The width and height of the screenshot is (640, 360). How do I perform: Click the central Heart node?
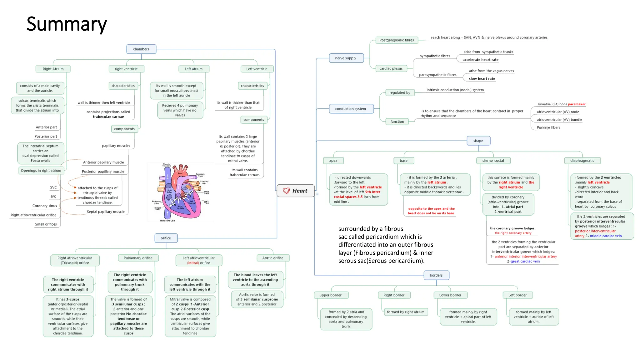point(296,191)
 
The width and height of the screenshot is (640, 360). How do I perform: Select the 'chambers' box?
point(141,49)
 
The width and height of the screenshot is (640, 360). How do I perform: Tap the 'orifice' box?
point(166,238)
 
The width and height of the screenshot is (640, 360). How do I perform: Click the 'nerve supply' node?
point(346,58)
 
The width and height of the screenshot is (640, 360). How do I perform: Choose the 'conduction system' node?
point(351,109)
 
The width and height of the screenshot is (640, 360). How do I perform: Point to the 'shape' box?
point(478,141)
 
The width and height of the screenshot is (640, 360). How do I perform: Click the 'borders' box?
point(436,275)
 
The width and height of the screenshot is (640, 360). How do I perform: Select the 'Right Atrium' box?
point(53,69)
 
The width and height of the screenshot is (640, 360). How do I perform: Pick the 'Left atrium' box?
point(193,69)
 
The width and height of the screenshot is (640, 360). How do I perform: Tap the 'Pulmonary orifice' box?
point(138,258)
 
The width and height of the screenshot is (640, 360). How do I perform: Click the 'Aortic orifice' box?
point(273,258)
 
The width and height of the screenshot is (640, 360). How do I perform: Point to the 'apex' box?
point(333,161)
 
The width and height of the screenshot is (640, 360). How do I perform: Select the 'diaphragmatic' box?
point(582,161)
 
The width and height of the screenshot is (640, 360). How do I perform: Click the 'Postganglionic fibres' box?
point(397,40)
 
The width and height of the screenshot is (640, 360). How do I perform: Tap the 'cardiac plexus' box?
point(391,68)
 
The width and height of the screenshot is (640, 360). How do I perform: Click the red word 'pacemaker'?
point(577,104)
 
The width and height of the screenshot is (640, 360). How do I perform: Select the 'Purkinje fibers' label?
point(548,127)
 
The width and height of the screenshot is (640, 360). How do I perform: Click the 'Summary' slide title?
point(67,24)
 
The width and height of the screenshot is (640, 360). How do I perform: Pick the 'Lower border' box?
point(450,295)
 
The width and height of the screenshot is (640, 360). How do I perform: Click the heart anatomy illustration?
point(180,192)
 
